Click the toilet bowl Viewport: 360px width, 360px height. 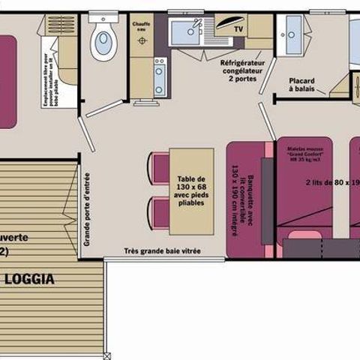(x=103, y=43)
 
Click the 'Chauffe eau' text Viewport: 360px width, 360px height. (x=142, y=28)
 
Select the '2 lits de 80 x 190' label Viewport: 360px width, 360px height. (x=330, y=181)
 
